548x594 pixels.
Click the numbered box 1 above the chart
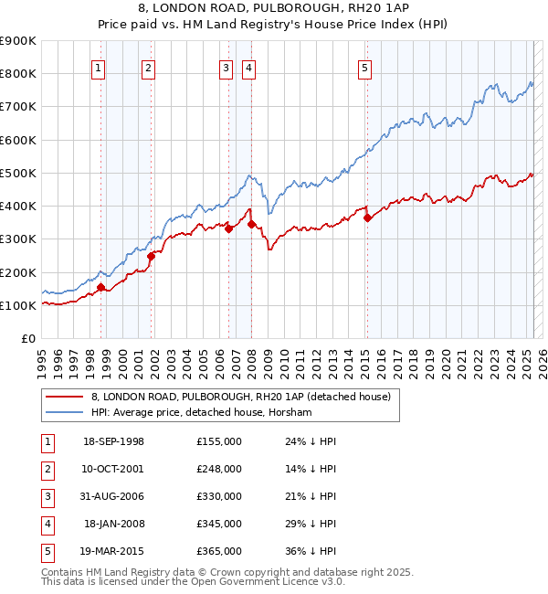98,67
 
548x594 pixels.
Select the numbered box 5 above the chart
364,67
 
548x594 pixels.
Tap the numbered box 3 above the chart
226,67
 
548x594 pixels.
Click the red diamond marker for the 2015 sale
367,217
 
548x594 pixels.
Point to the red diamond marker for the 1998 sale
100,287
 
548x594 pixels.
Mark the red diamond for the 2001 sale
151,257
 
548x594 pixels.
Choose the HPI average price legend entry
202,413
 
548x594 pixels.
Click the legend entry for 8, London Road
241,397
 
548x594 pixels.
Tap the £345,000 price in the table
219,524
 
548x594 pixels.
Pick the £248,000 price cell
219,469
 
